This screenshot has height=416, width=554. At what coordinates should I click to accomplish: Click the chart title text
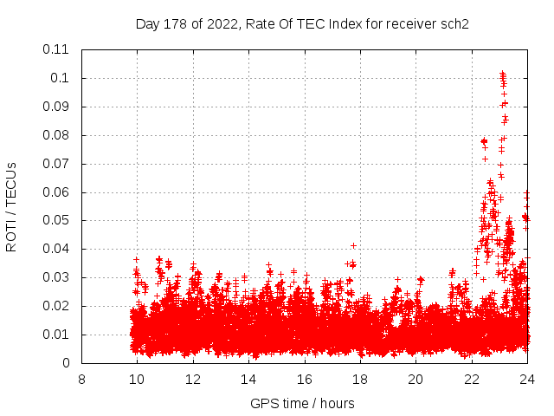coord(302,23)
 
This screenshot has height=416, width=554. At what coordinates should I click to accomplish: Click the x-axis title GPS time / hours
coord(302,403)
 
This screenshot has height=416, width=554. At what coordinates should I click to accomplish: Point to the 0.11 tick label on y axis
coord(56,49)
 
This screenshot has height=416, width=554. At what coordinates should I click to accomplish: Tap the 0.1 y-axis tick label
coord(61,78)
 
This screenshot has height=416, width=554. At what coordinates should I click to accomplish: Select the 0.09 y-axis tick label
coord(56,107)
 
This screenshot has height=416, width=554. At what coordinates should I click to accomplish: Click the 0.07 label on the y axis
coord(56,164)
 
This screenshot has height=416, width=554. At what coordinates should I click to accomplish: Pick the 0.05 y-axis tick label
coord(56,220)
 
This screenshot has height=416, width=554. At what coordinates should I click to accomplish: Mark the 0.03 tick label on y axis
coord(56,277)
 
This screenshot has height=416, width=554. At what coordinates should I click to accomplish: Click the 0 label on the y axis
coord(67,363)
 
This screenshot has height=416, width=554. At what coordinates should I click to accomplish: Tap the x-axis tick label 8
coord(81,379)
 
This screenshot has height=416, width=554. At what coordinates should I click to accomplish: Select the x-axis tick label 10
coord(137,379)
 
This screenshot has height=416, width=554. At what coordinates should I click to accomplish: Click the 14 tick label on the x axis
coord(248,379)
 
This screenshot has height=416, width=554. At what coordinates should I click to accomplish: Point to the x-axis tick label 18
coord(360,379)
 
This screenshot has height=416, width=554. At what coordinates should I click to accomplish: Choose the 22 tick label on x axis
coord(471,379)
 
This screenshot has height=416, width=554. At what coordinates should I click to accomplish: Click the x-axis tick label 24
coord(527,379)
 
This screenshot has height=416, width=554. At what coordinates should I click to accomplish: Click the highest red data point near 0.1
coord(502,74)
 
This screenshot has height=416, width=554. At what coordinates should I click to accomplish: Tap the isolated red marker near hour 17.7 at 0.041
coord(353,245)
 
